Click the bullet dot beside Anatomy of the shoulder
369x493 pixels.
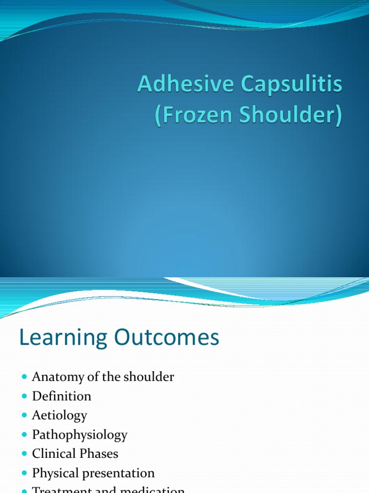click(25, 376)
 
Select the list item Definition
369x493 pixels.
click(61, 396)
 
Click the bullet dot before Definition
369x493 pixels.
click(25, 396)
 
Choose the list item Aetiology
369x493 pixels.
click(60, 415)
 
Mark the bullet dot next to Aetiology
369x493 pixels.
click(25, 415)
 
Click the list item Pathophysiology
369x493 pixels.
click(80, 435)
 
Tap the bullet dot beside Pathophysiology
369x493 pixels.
click(25, 434)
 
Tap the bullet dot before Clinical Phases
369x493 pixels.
click(25, 454)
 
